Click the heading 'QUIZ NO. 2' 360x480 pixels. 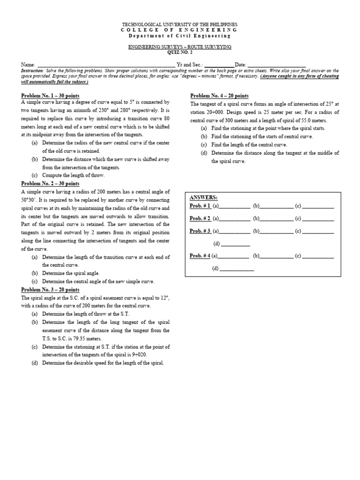click(180, 52)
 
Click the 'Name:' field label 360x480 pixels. click(29, 64)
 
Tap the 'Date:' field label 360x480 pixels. click(240, 64)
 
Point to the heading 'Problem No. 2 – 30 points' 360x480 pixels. click(50, 183)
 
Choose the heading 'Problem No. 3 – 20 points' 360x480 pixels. click(50, 290)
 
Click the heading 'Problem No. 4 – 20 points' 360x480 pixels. click(219, 95)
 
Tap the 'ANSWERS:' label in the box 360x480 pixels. click(203, 198)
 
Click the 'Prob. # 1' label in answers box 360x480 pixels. click(200, 206)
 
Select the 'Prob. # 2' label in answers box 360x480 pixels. click(200, 218)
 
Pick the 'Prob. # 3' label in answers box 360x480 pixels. click(200, 231)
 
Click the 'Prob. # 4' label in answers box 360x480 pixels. click(200, 256)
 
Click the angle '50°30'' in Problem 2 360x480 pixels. click(29, 200)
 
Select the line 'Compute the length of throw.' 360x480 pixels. click(73, 175)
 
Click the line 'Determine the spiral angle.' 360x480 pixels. click(71, 273)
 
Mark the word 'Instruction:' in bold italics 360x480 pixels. click(32, 70)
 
